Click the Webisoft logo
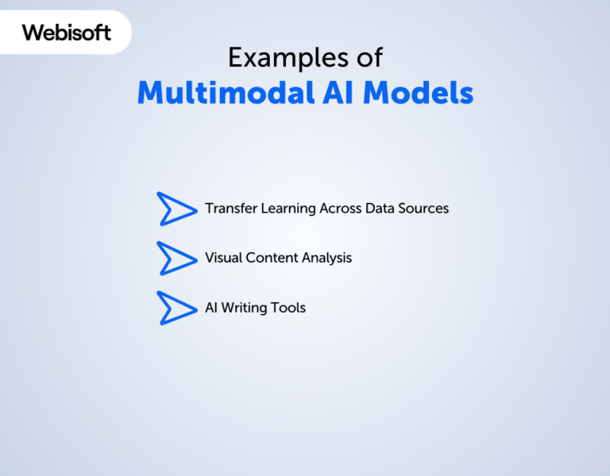tap(66, 33)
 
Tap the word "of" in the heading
tap(369, 58)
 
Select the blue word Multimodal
tap(226, 93)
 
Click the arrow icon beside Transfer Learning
tap(176, 209)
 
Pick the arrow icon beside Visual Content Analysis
tap(176, 259)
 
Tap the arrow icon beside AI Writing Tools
tap(176, 308)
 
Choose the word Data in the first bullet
tap(381, 209)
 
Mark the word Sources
tap(425, 209)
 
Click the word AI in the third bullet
tap(211, 308)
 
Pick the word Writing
tap(247, 309)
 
